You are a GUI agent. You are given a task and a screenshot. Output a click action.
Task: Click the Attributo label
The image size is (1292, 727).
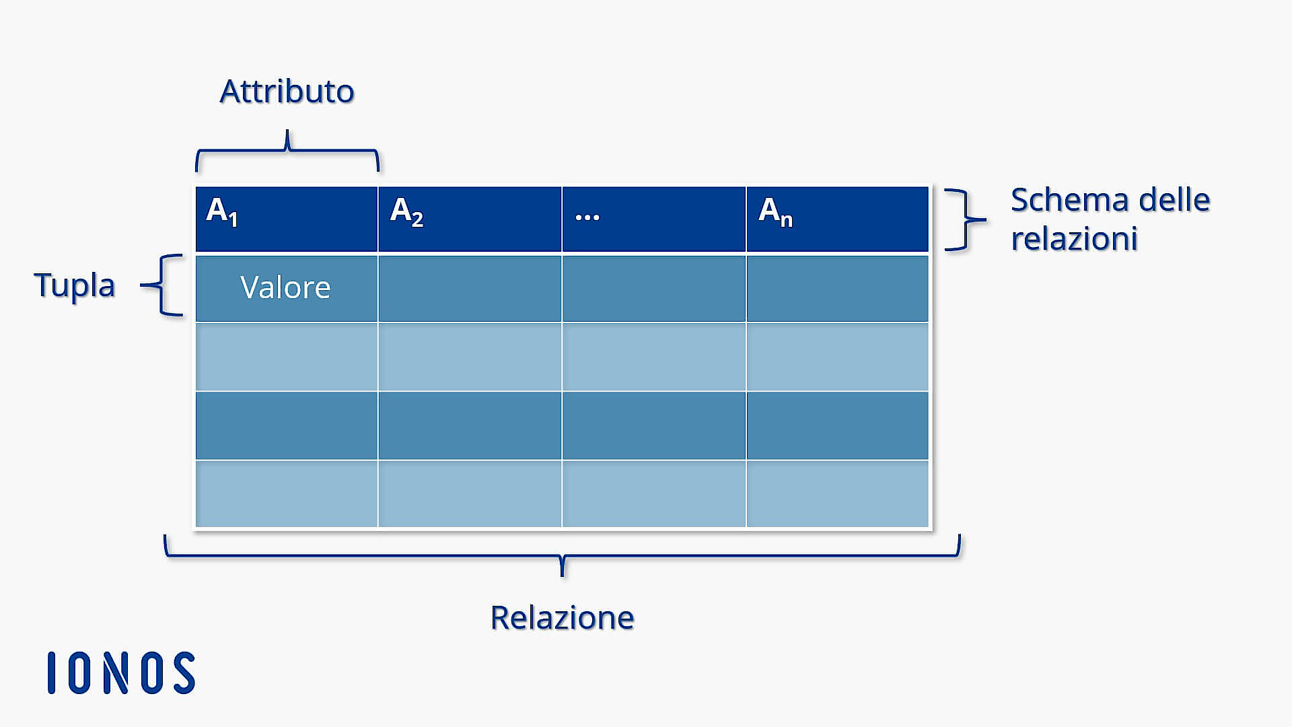click(x=287, y=92)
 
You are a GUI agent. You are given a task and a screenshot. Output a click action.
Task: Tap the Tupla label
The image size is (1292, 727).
click(x=75, y=285)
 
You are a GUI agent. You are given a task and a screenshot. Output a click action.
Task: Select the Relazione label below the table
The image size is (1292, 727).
click(x=562, y=617)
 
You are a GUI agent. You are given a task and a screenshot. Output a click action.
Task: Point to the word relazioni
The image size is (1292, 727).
click(x=1074, y=239)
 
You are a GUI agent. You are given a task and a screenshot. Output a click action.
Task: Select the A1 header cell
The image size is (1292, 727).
click(x=286, y=219)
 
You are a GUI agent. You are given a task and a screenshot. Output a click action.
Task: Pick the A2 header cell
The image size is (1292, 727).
click(x=470, y=219)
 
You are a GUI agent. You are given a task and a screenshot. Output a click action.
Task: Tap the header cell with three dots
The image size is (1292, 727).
click(x=653, y=219)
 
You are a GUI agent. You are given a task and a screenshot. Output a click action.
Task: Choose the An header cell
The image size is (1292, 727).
click(x=837, y=219)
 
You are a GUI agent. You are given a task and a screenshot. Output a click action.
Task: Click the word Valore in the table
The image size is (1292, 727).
click(x=285, y=288)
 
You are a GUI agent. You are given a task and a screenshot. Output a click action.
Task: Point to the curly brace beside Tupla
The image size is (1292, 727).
click(x=164, y=285)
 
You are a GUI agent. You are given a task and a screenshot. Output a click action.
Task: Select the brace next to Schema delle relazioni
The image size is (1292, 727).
click(x=965, y=219)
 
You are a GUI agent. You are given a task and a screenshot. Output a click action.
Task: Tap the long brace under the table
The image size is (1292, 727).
click(x=562, y=556)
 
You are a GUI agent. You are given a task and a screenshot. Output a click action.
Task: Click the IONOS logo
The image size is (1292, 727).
click(x=121, y=672)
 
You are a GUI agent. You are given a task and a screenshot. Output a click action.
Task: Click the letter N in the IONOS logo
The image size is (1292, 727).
click(x=116, y=672)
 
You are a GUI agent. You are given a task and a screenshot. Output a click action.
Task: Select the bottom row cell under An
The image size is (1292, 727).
click(x=837, y=493)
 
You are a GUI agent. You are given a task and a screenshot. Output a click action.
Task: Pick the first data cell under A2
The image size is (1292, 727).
click(x=470, y=288)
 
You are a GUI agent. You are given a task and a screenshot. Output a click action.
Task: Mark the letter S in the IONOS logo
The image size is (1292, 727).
click(x=184, y=672)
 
